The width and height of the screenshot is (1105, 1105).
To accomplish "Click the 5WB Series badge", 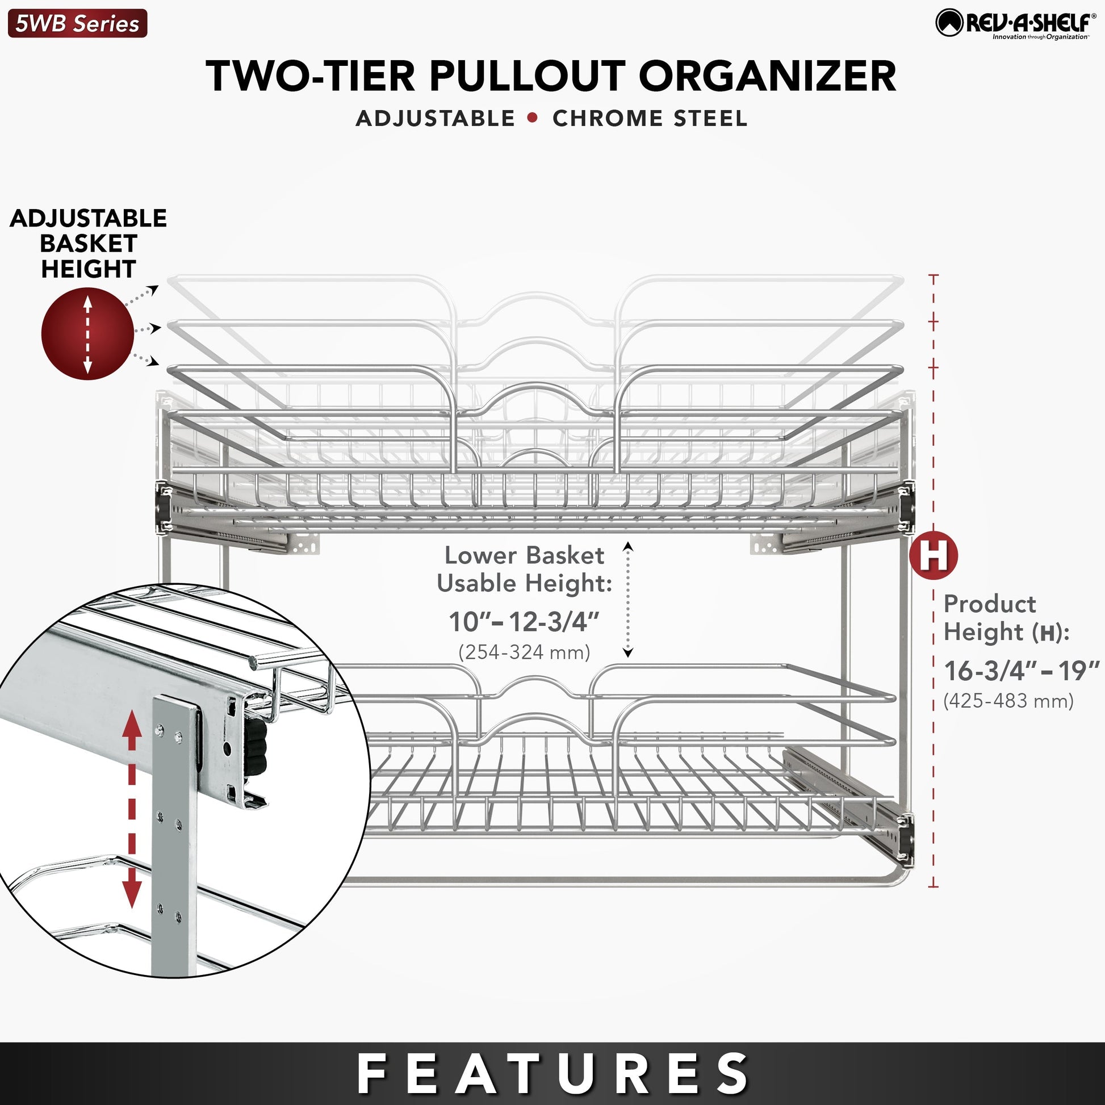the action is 77,23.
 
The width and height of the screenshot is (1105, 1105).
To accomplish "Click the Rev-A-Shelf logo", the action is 1016,24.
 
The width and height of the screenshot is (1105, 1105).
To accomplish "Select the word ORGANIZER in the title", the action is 767,76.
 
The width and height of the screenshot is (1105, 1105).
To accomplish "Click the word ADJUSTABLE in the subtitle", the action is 436,118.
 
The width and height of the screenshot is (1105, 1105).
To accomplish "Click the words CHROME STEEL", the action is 650,118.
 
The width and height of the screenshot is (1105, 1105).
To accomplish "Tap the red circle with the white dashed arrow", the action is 87,333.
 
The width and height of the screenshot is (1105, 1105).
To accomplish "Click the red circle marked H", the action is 934,555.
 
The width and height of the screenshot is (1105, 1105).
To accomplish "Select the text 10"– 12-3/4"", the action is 524,622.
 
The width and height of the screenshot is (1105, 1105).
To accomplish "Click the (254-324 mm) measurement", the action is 524,652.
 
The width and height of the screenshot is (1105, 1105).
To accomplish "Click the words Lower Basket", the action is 525,555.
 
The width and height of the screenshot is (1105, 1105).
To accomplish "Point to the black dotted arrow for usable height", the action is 628,600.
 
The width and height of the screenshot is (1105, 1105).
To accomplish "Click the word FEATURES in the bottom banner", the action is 552,1074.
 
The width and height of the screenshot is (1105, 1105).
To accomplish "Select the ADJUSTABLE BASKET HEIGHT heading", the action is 88,244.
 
